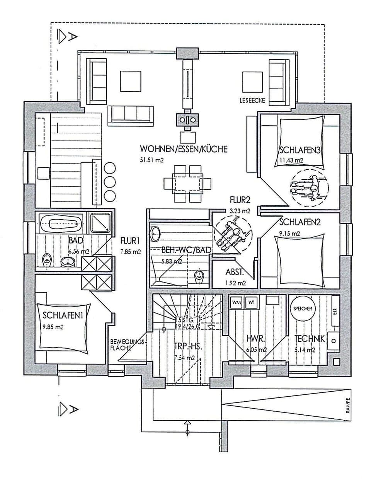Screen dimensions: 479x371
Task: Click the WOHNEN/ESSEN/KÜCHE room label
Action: [x=184, y=149]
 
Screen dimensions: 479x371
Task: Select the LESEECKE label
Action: [x=252, y=100]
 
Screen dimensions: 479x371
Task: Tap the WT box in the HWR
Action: [x=251, y=302]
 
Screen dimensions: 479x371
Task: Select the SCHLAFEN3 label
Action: [x=301, y=150]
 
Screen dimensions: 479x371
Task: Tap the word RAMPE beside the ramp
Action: [x=347, y=407]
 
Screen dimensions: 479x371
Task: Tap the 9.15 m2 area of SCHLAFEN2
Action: [x=289, y=234]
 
